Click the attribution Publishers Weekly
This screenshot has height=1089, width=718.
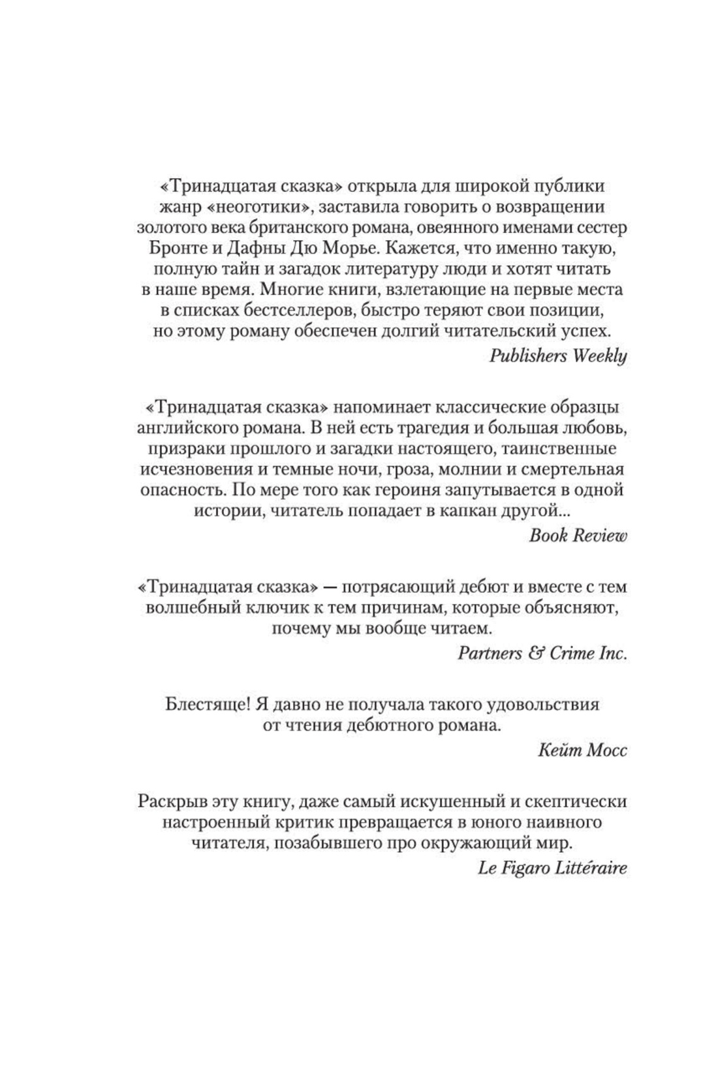557,356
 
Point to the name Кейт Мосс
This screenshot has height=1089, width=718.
582,750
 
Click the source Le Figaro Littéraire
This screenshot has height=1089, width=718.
552,868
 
